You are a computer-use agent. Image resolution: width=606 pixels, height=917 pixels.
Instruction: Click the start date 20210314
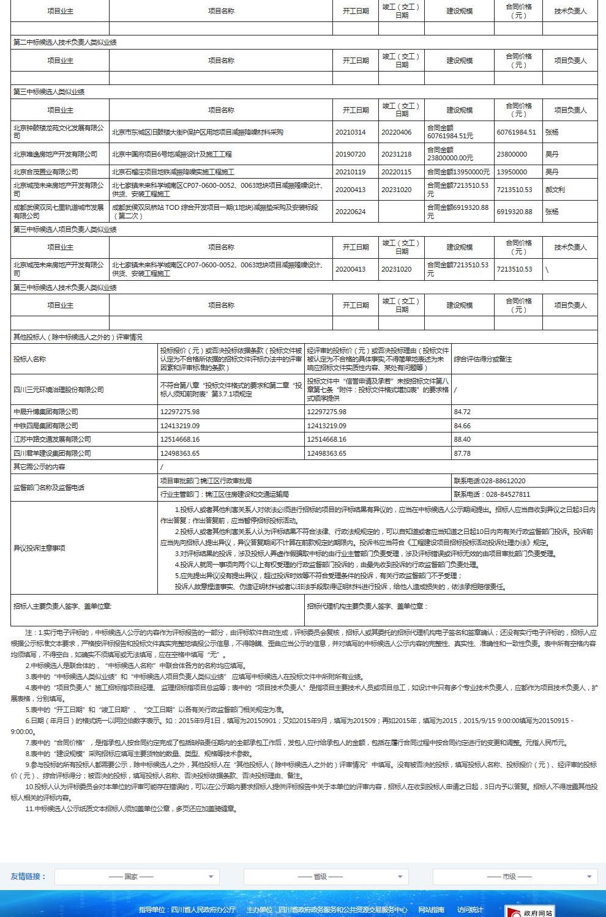(350, 132)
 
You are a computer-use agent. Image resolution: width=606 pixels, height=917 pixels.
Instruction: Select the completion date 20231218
(396, 154)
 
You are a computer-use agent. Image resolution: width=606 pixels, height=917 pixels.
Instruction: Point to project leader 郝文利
(555, 190)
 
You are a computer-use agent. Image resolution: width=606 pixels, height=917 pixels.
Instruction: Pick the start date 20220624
(350, 212)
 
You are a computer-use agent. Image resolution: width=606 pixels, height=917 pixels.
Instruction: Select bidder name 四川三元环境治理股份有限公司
(59, 390)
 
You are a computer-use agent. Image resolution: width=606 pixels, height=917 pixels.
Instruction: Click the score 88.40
(462, 439)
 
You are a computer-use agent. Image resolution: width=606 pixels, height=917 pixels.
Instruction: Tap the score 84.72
(462, 412)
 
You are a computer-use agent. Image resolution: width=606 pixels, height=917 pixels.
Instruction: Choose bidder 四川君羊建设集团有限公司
(52, 453)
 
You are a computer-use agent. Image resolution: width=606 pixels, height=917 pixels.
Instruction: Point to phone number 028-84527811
(492, 494)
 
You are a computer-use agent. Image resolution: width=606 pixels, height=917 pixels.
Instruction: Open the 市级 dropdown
(514, 877)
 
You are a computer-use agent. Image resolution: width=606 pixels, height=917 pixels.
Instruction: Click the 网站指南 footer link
(431, 910)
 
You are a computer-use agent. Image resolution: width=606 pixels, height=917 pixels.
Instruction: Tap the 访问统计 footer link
(469, 910)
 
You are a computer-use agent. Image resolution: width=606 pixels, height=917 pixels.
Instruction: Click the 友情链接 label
(28, 877)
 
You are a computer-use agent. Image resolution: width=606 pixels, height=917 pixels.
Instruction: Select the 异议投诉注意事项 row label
(39, 548)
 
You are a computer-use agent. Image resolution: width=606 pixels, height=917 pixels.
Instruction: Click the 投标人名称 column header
(29, 359)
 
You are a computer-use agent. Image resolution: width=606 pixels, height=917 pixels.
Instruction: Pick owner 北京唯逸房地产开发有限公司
(55, 154)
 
